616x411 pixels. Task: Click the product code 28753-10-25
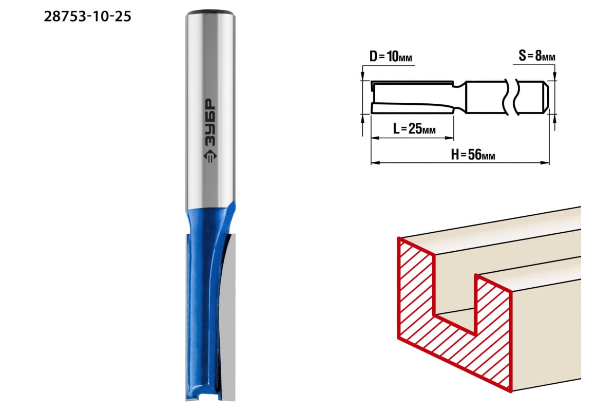point(87,16)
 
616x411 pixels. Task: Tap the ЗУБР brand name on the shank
point(210,122)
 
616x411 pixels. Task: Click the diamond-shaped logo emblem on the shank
point(210,156)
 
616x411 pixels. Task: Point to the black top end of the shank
point(210,12)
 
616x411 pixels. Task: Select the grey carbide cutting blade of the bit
point(228,316)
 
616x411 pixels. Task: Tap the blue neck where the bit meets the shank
point(210,220)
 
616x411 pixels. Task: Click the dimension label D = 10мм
point(391,57)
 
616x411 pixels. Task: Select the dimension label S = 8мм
point(537,55)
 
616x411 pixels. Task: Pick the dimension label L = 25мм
point(414,128)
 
